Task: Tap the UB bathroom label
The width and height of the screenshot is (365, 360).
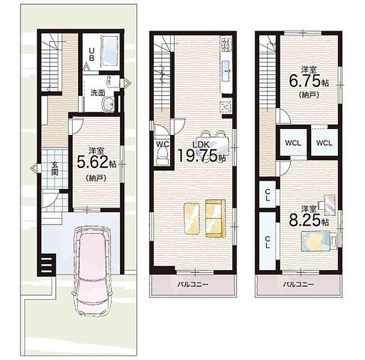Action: [x=92, y=54]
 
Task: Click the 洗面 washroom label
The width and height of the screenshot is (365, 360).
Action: [x=97, y=93]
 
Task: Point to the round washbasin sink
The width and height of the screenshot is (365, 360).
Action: [x=108, y=103]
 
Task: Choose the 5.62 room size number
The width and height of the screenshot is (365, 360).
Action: [x=92, y=162]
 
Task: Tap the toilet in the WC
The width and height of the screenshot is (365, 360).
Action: [x=163, y=158]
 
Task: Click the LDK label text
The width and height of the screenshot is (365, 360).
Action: [x=201, y=145]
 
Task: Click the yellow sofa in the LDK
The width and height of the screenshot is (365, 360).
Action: [x=216, y=218]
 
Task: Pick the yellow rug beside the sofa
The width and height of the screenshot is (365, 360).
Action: [x=192, y=219]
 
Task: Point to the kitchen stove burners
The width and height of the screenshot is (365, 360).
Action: [x=226, y=44]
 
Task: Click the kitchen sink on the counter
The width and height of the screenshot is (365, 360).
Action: [x=226, y=71]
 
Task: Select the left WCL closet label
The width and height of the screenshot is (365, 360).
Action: [x=294, y=143]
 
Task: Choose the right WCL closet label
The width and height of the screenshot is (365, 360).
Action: [x=324, y=143]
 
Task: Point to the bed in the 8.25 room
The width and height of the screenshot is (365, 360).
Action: [x=319, y=241]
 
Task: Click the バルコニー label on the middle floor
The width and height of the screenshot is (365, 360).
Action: [x=193, y=284]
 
